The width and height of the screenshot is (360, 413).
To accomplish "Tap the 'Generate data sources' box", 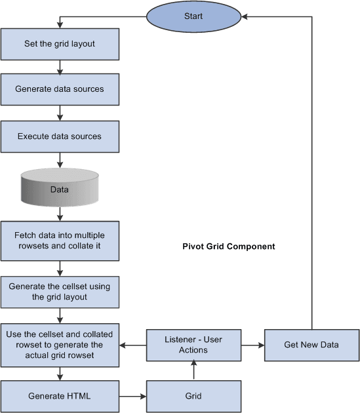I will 60,89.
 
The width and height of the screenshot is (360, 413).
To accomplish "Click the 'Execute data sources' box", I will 60,136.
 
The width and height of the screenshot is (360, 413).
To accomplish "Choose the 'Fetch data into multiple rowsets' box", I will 60,241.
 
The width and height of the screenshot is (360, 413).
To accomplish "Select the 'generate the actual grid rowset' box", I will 60,345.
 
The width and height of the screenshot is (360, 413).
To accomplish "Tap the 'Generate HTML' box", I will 60,397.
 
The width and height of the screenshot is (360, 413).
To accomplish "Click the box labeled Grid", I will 194,397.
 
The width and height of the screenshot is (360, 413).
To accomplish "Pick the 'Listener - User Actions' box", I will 194,345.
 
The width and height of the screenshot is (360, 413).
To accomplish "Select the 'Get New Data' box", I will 312,345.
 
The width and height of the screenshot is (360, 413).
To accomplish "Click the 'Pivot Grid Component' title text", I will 228,247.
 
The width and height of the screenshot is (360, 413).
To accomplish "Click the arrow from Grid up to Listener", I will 194,371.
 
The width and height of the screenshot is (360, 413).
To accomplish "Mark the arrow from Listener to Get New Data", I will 253,345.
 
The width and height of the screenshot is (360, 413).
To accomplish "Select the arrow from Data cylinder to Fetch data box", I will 60,212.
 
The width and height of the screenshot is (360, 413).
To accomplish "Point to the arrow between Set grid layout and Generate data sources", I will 60,67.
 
